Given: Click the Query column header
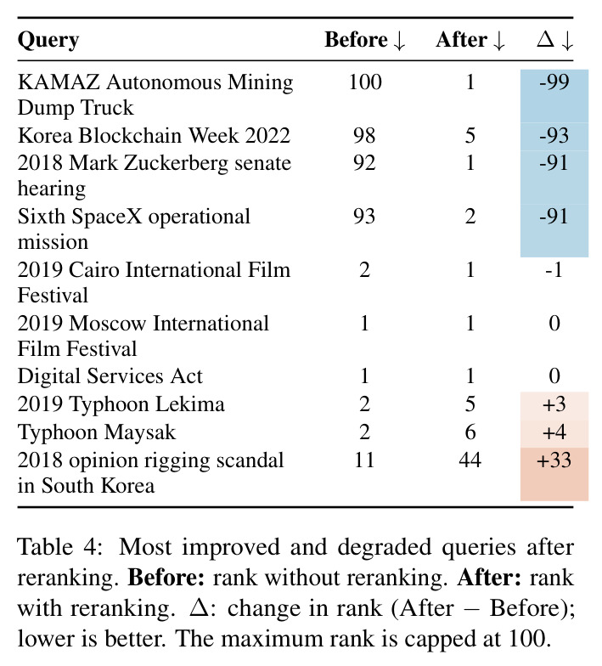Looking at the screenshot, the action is point(48,41).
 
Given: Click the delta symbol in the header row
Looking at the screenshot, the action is point(545,39).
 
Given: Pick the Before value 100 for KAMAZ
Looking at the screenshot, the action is point(365,82).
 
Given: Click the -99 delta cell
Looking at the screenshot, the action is point(554,82).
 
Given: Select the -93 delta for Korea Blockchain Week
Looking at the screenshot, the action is point(554,136).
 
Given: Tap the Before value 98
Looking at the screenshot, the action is point(364,136).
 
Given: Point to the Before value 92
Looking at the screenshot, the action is point(364,163).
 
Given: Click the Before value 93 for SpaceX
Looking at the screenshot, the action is point(364,216).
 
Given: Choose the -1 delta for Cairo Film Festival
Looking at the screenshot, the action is point(554,270).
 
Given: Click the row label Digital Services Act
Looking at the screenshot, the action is point(110,376).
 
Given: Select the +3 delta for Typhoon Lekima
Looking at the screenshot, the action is point(554,404).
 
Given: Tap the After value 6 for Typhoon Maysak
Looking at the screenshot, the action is point(470,432).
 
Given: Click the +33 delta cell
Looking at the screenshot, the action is point(554,460).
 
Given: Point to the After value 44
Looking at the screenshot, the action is point(470,460).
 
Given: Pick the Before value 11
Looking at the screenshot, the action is point(364,460).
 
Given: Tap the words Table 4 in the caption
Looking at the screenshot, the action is point(59,547).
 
